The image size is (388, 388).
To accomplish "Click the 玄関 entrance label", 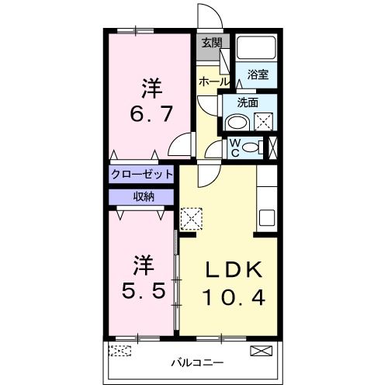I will [x=210, y=43].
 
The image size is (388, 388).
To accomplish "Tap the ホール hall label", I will [x=214, y=81].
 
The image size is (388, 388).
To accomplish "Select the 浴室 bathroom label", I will [x=258, y=74].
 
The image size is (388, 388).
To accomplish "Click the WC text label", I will [x=234, y=147].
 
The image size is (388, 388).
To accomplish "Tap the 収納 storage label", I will [x=142, y=196].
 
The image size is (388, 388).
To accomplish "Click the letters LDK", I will [x=234, y=270].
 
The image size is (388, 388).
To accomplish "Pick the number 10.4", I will [x=234, y=296].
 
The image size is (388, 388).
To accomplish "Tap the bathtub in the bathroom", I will [x=256, y=48].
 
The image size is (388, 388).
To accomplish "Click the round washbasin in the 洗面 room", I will [x=237, y=122].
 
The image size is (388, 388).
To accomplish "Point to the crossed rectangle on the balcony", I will [x=262, y=351].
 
